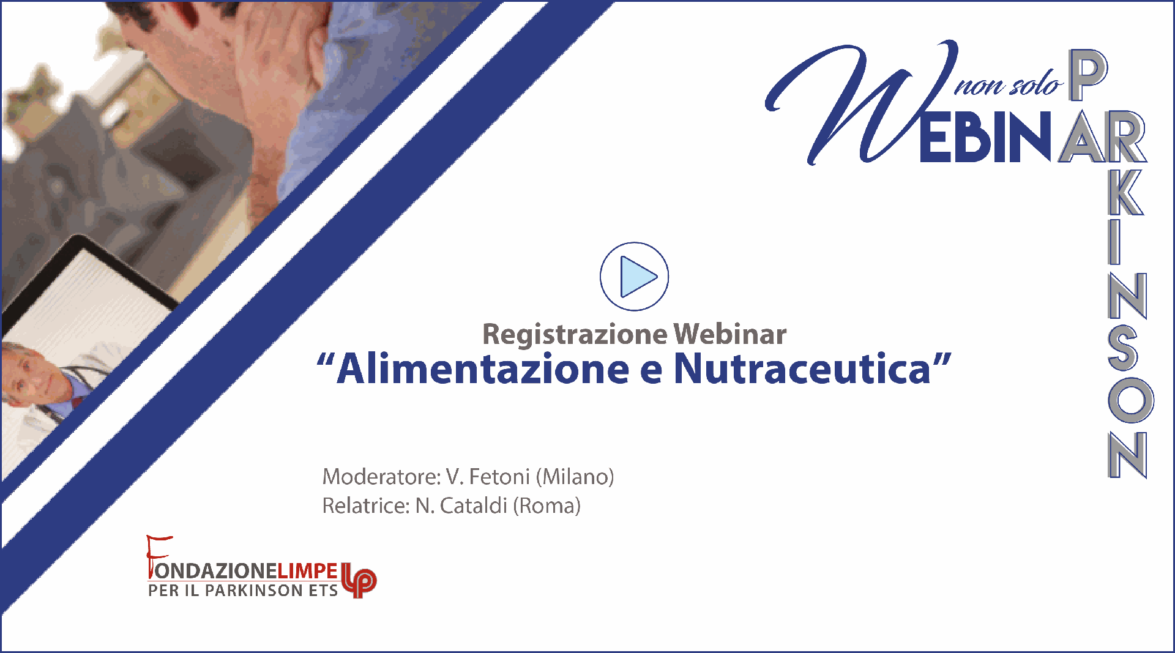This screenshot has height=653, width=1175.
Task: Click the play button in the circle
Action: (634, 277)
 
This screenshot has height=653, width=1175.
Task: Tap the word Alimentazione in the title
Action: (483, 369)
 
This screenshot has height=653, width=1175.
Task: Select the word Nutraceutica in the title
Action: (802, 369)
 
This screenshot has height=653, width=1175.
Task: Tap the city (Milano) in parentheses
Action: (575, 476)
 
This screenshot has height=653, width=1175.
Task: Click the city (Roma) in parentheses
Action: (546, 506)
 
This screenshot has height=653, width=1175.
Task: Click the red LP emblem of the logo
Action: (359, 580)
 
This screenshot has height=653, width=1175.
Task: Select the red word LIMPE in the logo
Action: (308, 571)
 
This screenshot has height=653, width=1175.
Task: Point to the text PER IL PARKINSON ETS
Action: (243, 591)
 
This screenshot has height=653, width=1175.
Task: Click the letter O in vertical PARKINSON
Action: (1130, 400)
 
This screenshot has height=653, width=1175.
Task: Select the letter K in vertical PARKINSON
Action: (1126, 191)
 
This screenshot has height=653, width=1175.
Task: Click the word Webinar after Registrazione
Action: (730, 334)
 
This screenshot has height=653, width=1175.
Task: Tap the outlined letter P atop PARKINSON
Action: (1087, 75)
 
